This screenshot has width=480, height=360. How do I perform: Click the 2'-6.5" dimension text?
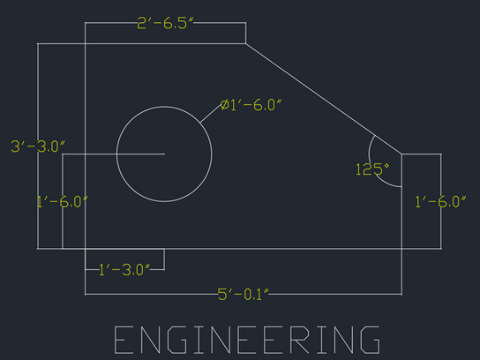point(165,23)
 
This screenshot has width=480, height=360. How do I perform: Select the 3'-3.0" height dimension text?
point(38,146)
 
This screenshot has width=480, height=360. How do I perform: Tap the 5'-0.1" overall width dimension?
point(244,295)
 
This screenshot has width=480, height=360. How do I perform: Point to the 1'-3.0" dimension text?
point(124,270)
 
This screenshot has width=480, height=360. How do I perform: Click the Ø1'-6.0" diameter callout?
point(251,105)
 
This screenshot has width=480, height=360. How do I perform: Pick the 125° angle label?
point(372,169)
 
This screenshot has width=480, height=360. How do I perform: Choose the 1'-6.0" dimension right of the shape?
point(440,202)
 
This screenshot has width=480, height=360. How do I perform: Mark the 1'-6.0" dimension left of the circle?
point(62,202)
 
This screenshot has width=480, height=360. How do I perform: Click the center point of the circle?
point(164,154)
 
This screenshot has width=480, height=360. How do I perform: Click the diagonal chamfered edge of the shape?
point(324,99)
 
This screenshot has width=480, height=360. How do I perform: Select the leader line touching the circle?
point(210,114)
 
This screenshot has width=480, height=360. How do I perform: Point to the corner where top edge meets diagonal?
point(245,44)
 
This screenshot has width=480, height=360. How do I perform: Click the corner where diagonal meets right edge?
point(401,154)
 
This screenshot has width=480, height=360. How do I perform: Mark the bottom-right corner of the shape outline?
point(401,249)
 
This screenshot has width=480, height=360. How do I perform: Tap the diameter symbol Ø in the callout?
point(225,105)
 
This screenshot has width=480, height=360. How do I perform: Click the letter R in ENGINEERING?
point(300,340)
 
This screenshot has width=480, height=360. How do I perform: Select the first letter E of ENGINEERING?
point(124,340)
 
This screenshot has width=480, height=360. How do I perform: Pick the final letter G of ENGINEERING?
point(371,340)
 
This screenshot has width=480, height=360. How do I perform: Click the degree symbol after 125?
point(387,166)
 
